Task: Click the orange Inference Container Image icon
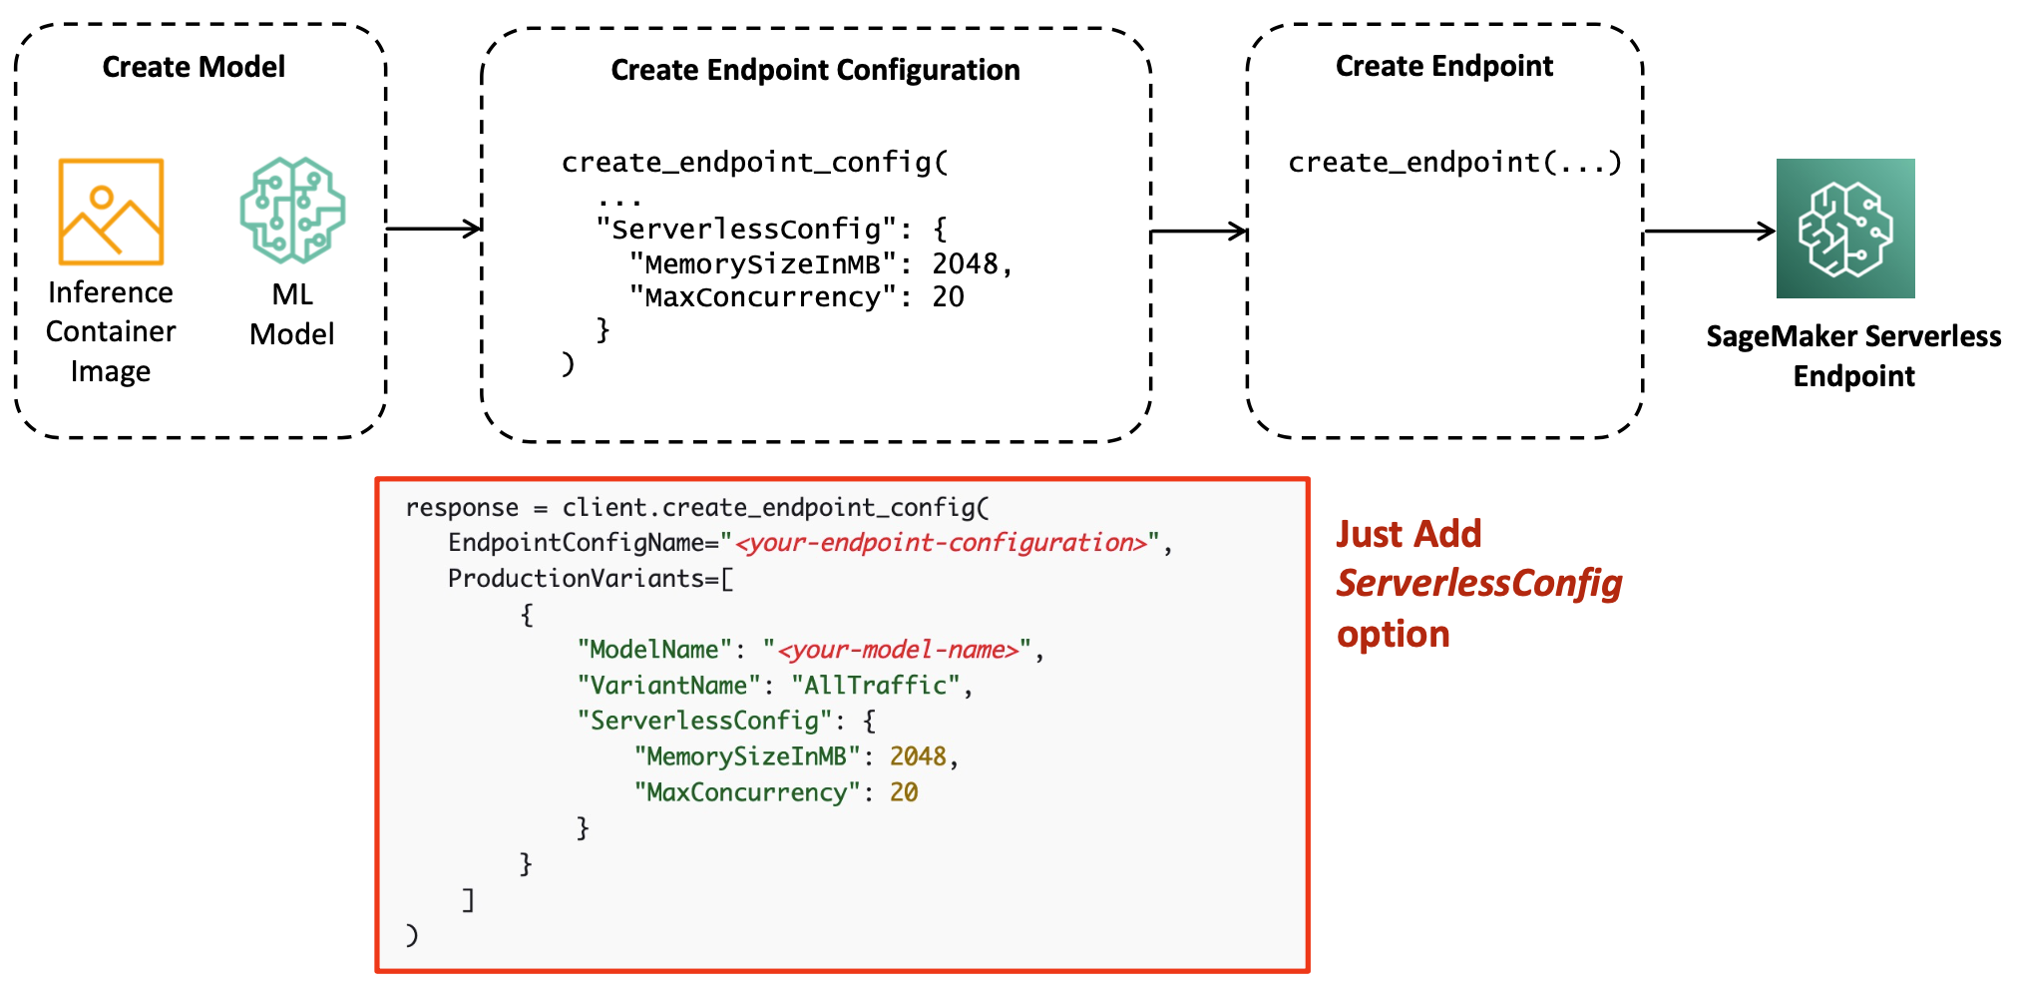point(111,212)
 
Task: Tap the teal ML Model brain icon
point(292,210)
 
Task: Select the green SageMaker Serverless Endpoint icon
point(1845,229)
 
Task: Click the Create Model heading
point(194,67)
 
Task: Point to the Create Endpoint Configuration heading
point(815,70)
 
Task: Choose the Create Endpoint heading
point(1444,66)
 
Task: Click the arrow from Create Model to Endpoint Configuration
point(434,229)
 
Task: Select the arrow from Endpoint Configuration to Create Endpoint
point(1199,232)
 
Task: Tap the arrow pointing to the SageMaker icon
point(1710,232)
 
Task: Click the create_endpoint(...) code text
point(1454,162)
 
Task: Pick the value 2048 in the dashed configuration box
point(965,263)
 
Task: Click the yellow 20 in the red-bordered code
point(904,792)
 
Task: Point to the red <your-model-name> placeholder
point(899,650)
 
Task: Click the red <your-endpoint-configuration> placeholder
point(941,543)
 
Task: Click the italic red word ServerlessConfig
point(1479,585)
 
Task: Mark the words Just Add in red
point(1409,534)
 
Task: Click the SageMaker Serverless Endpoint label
point(1853,356)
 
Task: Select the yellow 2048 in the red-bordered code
point(918,756)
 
